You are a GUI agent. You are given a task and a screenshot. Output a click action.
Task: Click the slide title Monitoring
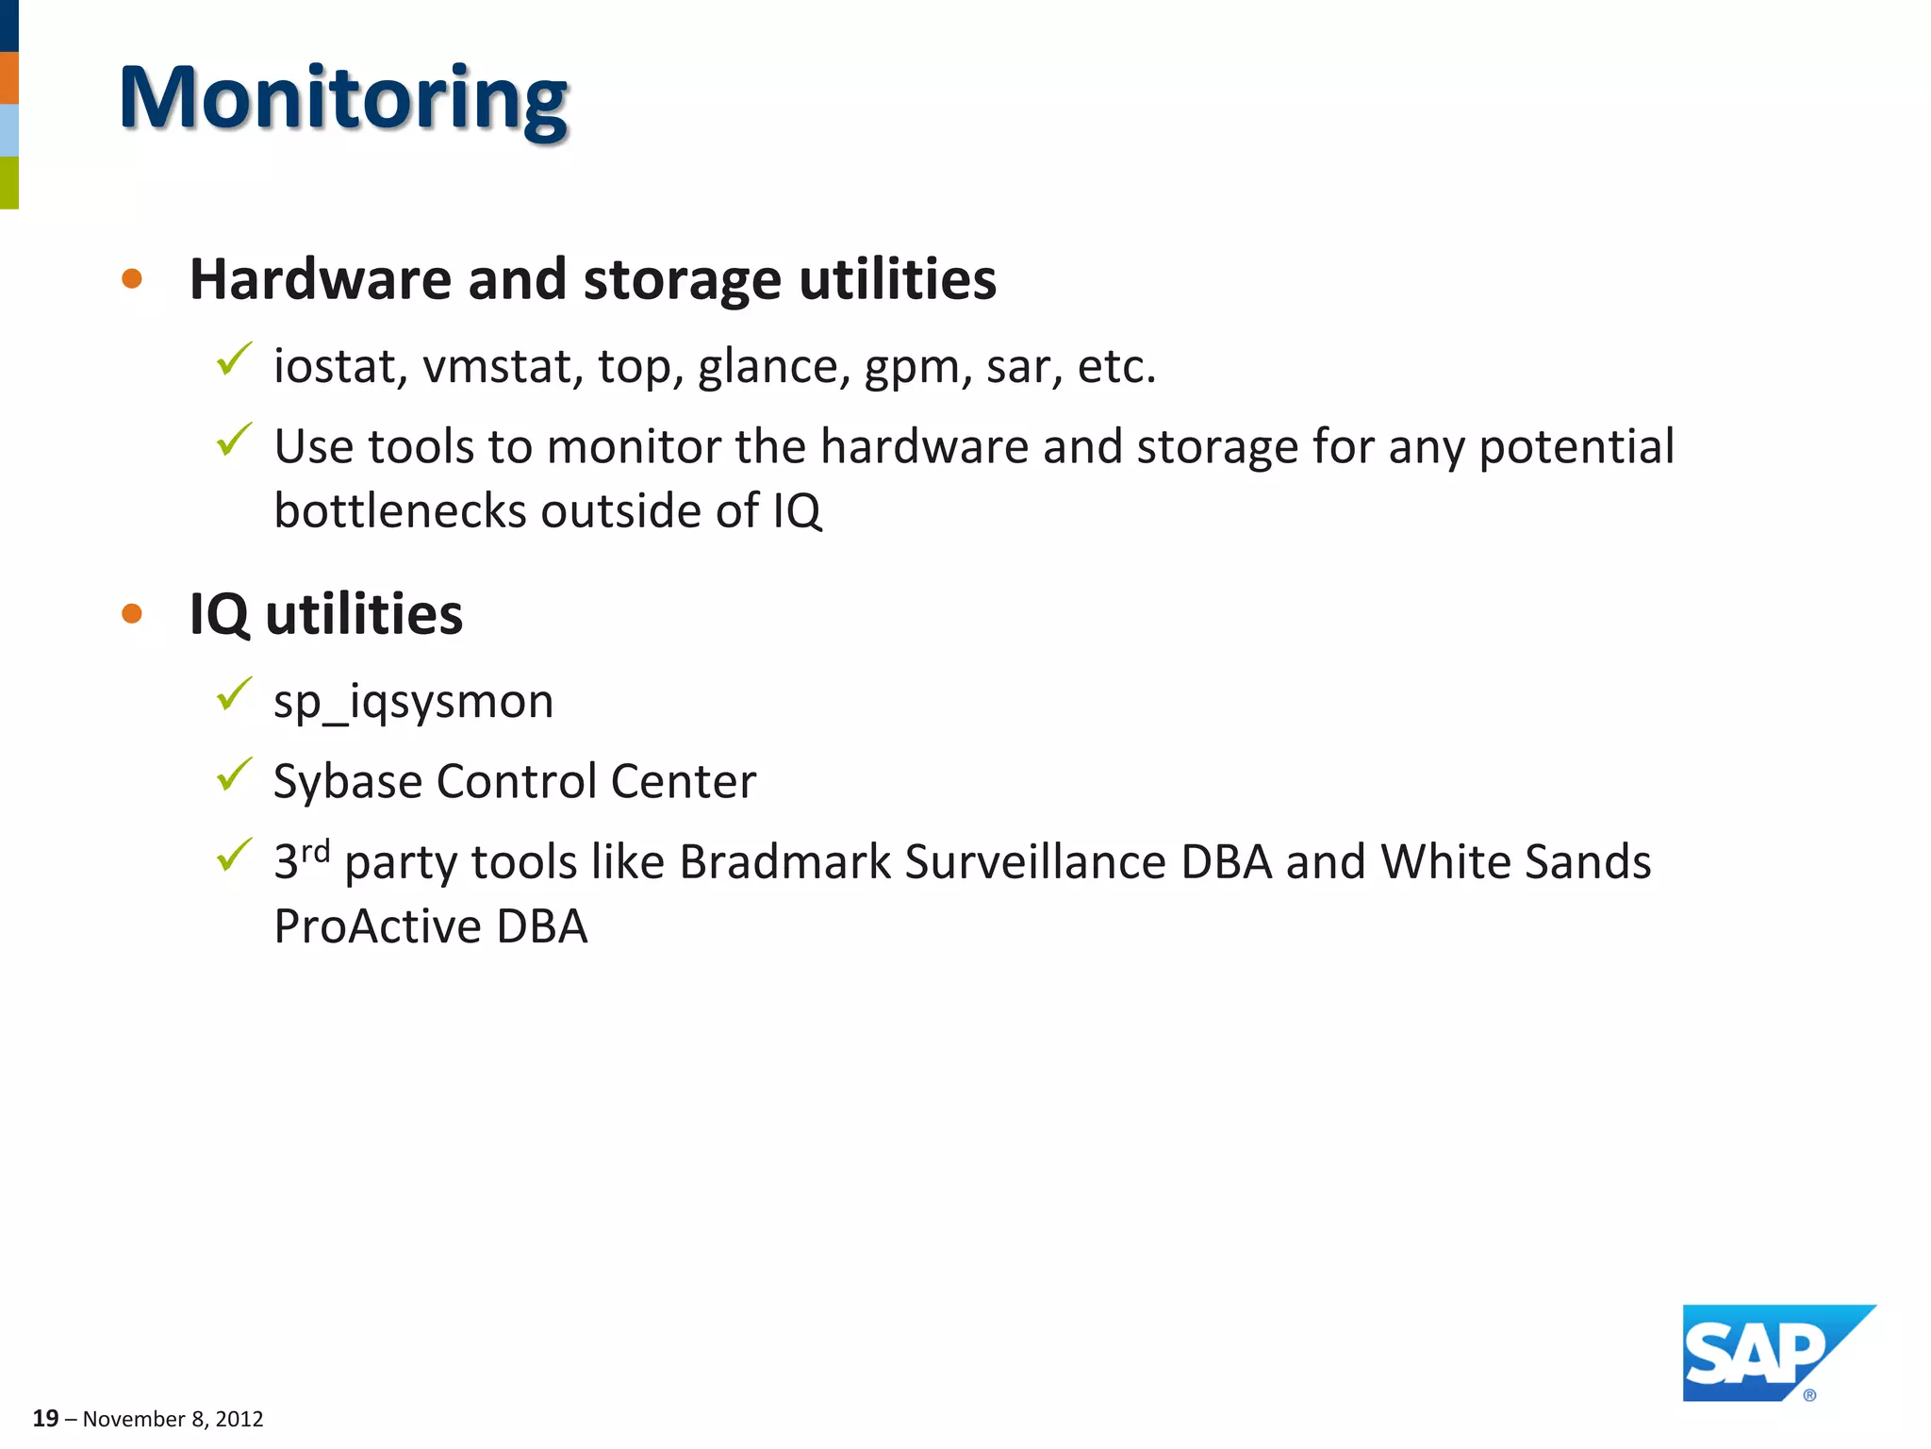pyautogui.click(x=343, y=99)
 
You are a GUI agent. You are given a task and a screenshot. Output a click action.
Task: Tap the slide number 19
pyautogui.click(x=45, y=1418)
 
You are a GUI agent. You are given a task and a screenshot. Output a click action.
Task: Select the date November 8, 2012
pyautogui.click(x=173, y=1419)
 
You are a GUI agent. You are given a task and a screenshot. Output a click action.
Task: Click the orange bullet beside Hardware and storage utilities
pyautogui.click(x=132, y=279)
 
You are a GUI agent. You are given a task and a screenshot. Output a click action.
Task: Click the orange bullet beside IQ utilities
pyautogui.click(x=132, y=614)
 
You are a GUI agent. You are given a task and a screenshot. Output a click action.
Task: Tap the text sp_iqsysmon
pyautogui.click(x=413, y=702)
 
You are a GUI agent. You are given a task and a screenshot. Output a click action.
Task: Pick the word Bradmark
pyautogui.click(x=784, y=861)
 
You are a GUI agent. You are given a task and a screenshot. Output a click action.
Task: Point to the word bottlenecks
pyautogui.click(x=399, y=511)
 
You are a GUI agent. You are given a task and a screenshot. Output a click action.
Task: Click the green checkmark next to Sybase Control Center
pyautogui.click(x=233, y=774)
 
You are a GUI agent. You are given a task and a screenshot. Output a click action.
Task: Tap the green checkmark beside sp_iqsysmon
pyautogui.click(x=233, y=694)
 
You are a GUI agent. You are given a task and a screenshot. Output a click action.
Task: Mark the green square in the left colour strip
pyautogui.click(x=8, y=182)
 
